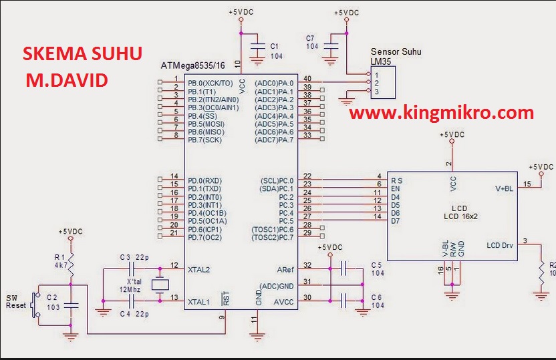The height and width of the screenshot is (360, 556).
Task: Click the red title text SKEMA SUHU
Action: click(82, 54)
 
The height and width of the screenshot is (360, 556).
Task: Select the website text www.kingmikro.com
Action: click(442, 113)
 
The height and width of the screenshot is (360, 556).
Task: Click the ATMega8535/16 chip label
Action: click(193, 66)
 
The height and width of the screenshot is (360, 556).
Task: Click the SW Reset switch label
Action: click(15, 301)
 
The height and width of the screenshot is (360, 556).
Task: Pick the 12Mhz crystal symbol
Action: click(158, 285)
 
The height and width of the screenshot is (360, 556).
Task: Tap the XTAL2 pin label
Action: click(199, 269)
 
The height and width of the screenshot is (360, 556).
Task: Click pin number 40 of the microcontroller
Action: click(307, 79)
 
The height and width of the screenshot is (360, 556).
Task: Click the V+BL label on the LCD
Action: click(505, 189)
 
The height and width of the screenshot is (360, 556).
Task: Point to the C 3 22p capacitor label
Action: click(134, 257)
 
